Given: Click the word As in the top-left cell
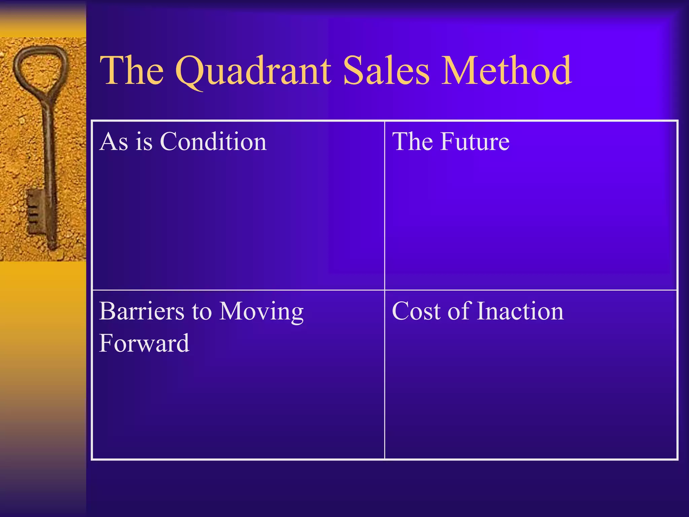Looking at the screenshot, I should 114,141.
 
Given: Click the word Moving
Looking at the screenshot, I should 261,312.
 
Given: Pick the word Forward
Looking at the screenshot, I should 144,343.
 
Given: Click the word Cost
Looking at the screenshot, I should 416,311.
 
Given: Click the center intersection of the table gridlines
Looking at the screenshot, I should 385,290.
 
